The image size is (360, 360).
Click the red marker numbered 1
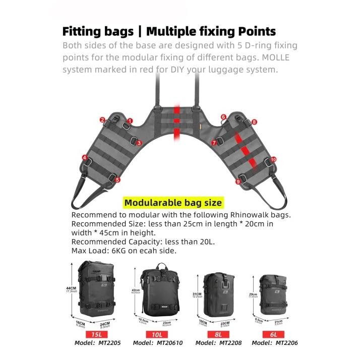[x=130, y=121]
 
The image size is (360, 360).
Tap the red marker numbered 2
[x=102, y=120]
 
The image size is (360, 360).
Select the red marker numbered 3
[x=139, y=143]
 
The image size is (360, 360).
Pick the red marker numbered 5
[x=117, y=179]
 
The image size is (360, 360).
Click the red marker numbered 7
[x=214, y=143]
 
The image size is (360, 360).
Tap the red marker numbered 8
[x=255, y=122]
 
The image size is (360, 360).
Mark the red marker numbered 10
[x=273, y=159]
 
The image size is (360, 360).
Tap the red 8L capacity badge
[x=218, y=334]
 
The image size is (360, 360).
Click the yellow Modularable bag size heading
[x=172, y=203]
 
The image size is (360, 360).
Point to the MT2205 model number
[x=109, y=343]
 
